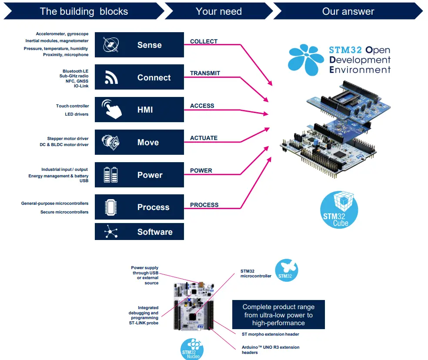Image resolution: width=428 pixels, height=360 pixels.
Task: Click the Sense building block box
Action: click(x=139, y=45)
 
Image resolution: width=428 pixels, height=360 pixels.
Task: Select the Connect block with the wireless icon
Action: click(x=139, y=77)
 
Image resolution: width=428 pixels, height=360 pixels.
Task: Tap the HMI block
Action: click(x=139, y=110)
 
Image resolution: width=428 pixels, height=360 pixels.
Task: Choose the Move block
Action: click(x=139, y=142)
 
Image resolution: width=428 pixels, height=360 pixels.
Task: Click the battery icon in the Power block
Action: click(x=110, y=175)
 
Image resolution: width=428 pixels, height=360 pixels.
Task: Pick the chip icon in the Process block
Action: click(x=110, y=207)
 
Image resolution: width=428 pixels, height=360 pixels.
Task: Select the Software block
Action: click(x=139, y=232)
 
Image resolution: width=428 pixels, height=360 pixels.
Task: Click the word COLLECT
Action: click(x=204, y=41)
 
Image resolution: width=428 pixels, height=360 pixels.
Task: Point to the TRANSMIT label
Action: click(x=205, y=73)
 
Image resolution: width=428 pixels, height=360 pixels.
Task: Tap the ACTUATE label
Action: click(x=204, y=138)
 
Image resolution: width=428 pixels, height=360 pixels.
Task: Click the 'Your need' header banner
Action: click(x=218, y=11)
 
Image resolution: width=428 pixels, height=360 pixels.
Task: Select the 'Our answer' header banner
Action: click(x=348, y=11)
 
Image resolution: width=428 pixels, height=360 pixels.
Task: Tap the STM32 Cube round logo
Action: click(x=339, y=210)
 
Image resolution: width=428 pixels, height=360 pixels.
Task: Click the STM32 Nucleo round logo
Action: click(x=192, y=349)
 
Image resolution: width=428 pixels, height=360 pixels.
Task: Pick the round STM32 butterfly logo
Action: click(x=286, y=270)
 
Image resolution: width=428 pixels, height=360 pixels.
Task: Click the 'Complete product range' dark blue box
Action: click(x=278, y=314)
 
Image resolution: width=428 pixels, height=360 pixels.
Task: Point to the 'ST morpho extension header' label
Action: click(x=270, y=334)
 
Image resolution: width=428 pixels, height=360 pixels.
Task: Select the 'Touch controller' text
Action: click(x=72, y=106)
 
